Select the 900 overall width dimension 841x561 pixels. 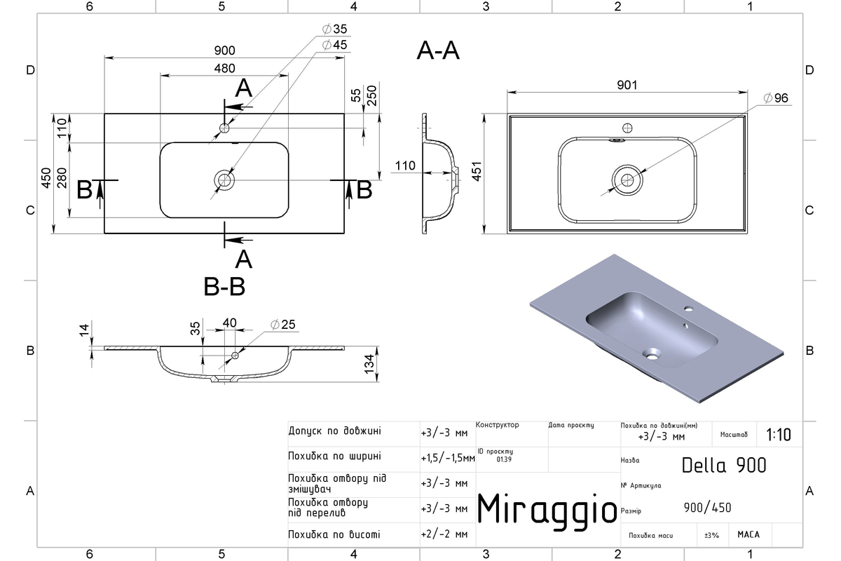coord(224,50)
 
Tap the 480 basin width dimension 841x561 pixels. coord(224,69)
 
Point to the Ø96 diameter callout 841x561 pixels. coord(776,98)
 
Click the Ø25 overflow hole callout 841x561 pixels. coord(283,324)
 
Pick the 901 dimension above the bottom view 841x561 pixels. coord(627,85)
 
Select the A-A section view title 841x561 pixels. coord(438,50)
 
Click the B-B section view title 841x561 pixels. coord(224,287)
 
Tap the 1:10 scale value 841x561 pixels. coord(779,435)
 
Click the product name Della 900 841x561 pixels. coord(724,466)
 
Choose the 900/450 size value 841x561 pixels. coord(707,508)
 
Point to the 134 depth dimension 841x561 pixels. coord(369,364)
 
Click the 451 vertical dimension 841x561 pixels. coord(477,171)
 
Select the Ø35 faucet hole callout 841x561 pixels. coord(335,29)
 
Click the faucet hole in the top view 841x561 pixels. coord(224,128)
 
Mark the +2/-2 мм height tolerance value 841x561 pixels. coord(444,534)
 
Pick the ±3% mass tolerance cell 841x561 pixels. coord(711,536)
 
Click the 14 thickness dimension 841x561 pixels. coord(84,330)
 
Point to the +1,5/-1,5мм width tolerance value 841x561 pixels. coord(448,459)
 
